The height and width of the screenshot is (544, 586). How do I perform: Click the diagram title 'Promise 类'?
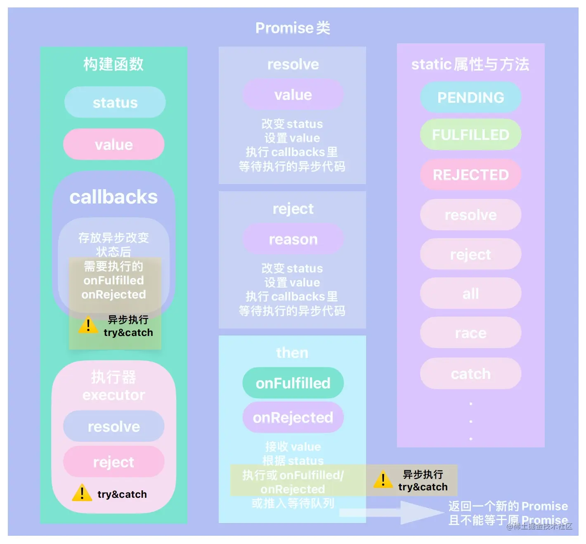(x=293, y=28)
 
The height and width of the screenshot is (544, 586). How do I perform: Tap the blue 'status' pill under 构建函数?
(x=115, y=102)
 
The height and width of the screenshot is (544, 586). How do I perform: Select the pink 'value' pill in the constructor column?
(x=114, y=144)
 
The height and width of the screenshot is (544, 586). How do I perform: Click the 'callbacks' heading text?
(x=113, y=197)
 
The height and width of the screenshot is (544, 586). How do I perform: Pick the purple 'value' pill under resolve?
(x=293, y=95)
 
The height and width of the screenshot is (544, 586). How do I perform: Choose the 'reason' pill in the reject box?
(x=293, y=239)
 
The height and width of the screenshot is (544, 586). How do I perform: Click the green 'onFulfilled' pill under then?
(x=293, y=383)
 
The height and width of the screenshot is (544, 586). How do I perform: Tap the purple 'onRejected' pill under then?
(x=293, y=417)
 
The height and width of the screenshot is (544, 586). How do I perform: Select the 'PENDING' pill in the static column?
(x=470, y=97)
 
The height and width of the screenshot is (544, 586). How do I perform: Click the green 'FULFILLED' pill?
(x=470, y=135)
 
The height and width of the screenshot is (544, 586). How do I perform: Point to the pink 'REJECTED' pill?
(x=470, y=175)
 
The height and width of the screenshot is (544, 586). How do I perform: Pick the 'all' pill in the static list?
(x=470, y=293)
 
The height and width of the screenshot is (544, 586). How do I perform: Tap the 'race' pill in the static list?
(x=470, y=333)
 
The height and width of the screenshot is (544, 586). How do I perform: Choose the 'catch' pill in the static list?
(x=470, y=374)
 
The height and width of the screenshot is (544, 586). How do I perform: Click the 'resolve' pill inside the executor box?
(x=114, y=426)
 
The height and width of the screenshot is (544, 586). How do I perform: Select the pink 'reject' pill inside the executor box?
(x=114, y=462)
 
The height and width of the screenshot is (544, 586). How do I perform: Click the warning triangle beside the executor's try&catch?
(x=82, y=493)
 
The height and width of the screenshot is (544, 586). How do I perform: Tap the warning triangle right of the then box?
(x=383, y=479)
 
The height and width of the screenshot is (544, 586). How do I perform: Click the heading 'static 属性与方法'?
(x=470, y=64)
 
